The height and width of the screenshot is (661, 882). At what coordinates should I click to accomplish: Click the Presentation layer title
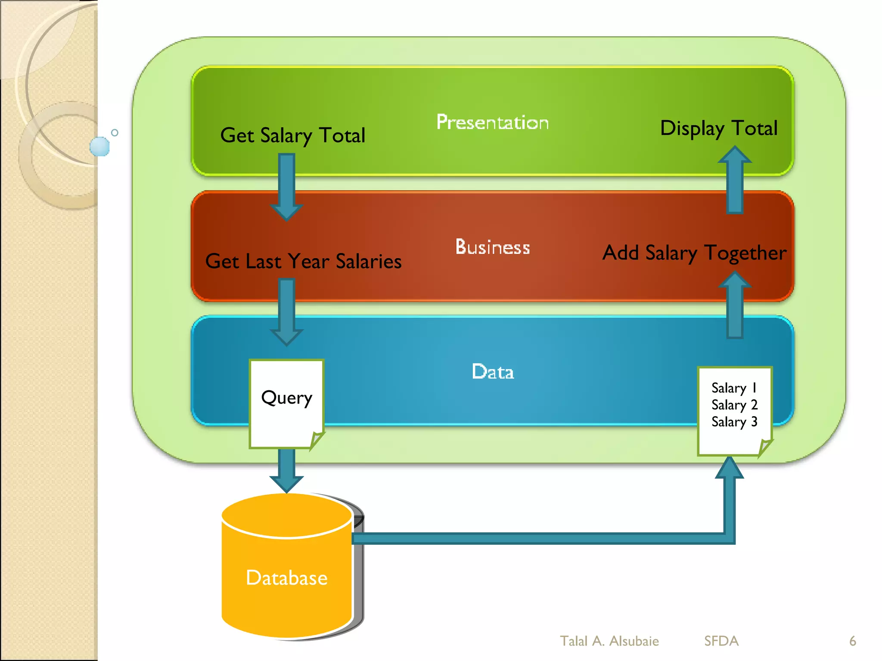[x=492, y=123]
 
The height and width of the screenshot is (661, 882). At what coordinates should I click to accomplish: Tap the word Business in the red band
[x=492, y=247]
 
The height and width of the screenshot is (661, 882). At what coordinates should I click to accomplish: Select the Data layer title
[x=493, y=372]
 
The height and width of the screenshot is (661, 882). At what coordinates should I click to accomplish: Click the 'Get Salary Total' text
[x=292, y=136]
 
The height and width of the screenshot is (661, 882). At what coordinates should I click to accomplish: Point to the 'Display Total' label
[x=719, y=128]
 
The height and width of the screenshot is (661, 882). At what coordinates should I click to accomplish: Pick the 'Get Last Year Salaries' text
[x=303, y=261]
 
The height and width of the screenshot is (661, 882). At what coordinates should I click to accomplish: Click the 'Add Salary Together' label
[x=694, y=253]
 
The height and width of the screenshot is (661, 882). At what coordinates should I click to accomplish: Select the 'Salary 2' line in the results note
[x=734, y=405]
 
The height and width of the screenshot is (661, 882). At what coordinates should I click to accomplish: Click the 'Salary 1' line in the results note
[x=734, y=388]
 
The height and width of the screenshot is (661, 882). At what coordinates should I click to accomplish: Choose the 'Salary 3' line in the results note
[x=734, y=422]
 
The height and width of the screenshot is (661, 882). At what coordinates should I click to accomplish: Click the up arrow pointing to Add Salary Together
[x=735, y=306]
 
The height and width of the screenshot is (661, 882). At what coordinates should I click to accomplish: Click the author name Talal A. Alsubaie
[x=609, y=641]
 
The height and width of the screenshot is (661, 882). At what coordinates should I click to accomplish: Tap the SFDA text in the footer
[x=721, y=641]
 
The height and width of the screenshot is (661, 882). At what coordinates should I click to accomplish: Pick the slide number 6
[x=852, y=641]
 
